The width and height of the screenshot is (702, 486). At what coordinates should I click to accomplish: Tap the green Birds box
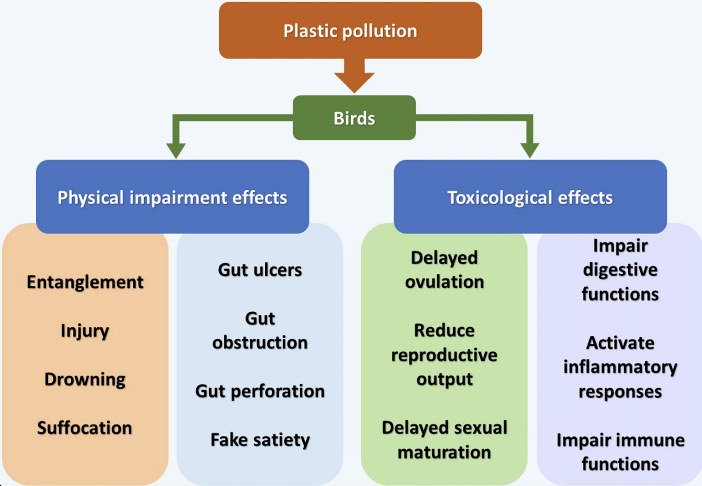354,118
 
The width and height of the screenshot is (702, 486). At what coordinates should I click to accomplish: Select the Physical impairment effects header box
172,197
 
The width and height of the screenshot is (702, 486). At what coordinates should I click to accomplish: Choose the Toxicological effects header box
530,197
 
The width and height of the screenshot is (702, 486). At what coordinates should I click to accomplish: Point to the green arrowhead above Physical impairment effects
176,150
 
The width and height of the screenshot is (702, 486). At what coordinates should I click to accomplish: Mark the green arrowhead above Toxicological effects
530,150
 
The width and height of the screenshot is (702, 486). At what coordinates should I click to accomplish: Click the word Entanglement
85,282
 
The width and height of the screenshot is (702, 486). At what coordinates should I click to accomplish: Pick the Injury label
85,331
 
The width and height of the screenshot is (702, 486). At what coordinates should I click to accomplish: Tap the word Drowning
85,379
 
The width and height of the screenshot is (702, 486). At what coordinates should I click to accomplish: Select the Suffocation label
85,428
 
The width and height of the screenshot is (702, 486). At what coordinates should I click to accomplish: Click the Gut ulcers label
260,270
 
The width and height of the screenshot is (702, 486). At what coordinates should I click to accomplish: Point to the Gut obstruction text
260,331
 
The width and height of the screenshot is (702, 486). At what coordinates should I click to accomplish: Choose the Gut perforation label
260,391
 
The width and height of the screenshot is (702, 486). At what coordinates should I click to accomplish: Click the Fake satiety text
260,440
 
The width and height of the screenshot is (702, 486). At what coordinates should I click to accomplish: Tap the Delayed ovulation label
444,270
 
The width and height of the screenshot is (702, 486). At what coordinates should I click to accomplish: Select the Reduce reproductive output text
444,355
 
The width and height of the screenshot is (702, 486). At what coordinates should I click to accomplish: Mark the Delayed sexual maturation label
444,440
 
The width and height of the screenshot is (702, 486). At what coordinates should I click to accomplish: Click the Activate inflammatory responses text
620,367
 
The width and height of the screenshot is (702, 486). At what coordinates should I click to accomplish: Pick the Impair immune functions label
620,452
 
